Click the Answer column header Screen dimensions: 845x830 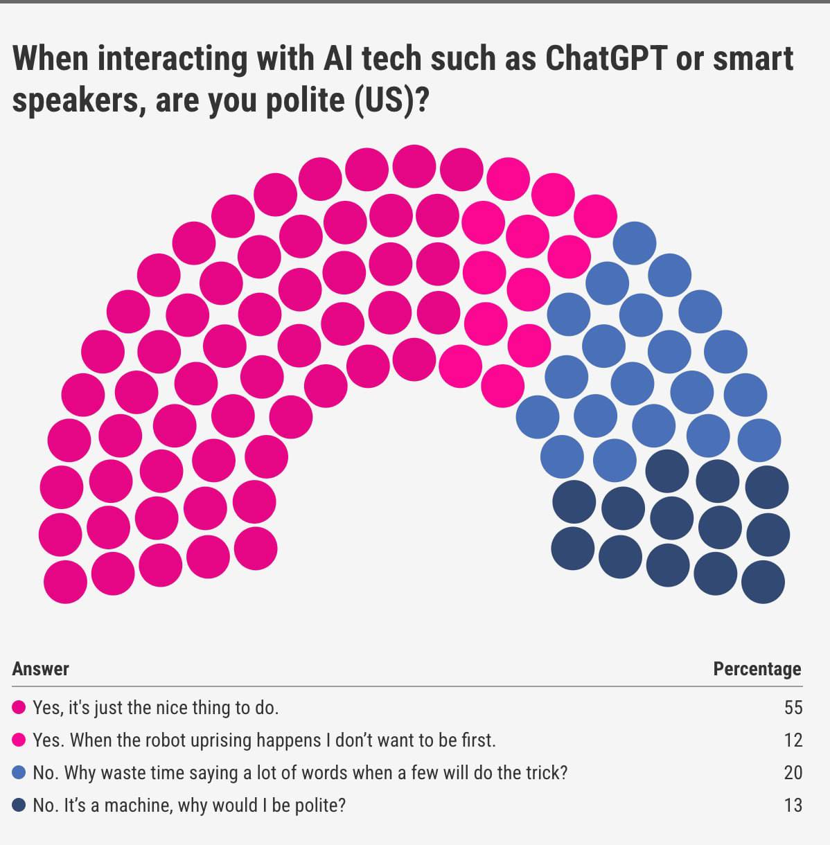[41, 669]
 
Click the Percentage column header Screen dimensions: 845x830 [757, 669]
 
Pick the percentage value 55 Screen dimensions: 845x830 [793, 707]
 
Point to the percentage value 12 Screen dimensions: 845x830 [793, 740]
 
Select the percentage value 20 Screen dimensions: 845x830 [793, 772]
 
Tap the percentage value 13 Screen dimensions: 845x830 [793, 805]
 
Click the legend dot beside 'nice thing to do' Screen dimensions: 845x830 [19, 707]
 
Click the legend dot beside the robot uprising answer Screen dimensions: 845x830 [19, 740]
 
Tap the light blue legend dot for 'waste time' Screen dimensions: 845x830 [19, 772]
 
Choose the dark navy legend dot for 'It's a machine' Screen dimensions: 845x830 [19, 805]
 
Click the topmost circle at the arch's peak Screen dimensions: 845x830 [414, 167]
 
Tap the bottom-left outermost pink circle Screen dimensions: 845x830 [65, 581]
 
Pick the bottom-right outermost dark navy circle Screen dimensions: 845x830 [763, 581]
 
